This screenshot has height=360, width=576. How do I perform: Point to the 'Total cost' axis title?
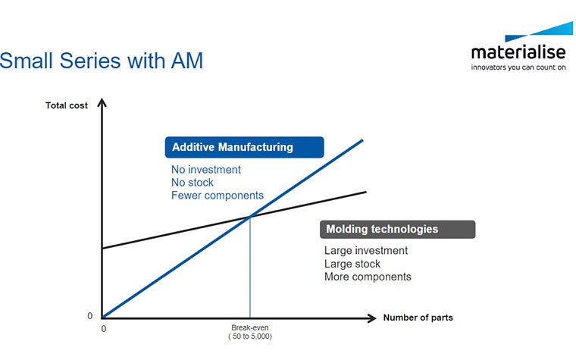67,105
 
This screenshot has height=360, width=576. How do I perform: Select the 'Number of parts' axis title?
418,318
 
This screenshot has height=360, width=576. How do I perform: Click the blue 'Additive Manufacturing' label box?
244,147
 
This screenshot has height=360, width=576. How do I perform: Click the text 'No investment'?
206,170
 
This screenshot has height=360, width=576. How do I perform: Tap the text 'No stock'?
193,183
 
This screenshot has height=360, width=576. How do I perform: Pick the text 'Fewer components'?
218,196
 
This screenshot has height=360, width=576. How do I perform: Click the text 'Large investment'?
366,251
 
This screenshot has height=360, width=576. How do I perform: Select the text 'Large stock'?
352,264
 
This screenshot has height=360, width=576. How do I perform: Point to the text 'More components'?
368,277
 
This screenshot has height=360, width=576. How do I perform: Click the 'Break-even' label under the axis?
249,328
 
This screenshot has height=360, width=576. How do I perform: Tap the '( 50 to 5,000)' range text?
249,337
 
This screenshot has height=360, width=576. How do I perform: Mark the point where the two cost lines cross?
250,218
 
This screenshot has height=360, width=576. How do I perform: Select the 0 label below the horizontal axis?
104,330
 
